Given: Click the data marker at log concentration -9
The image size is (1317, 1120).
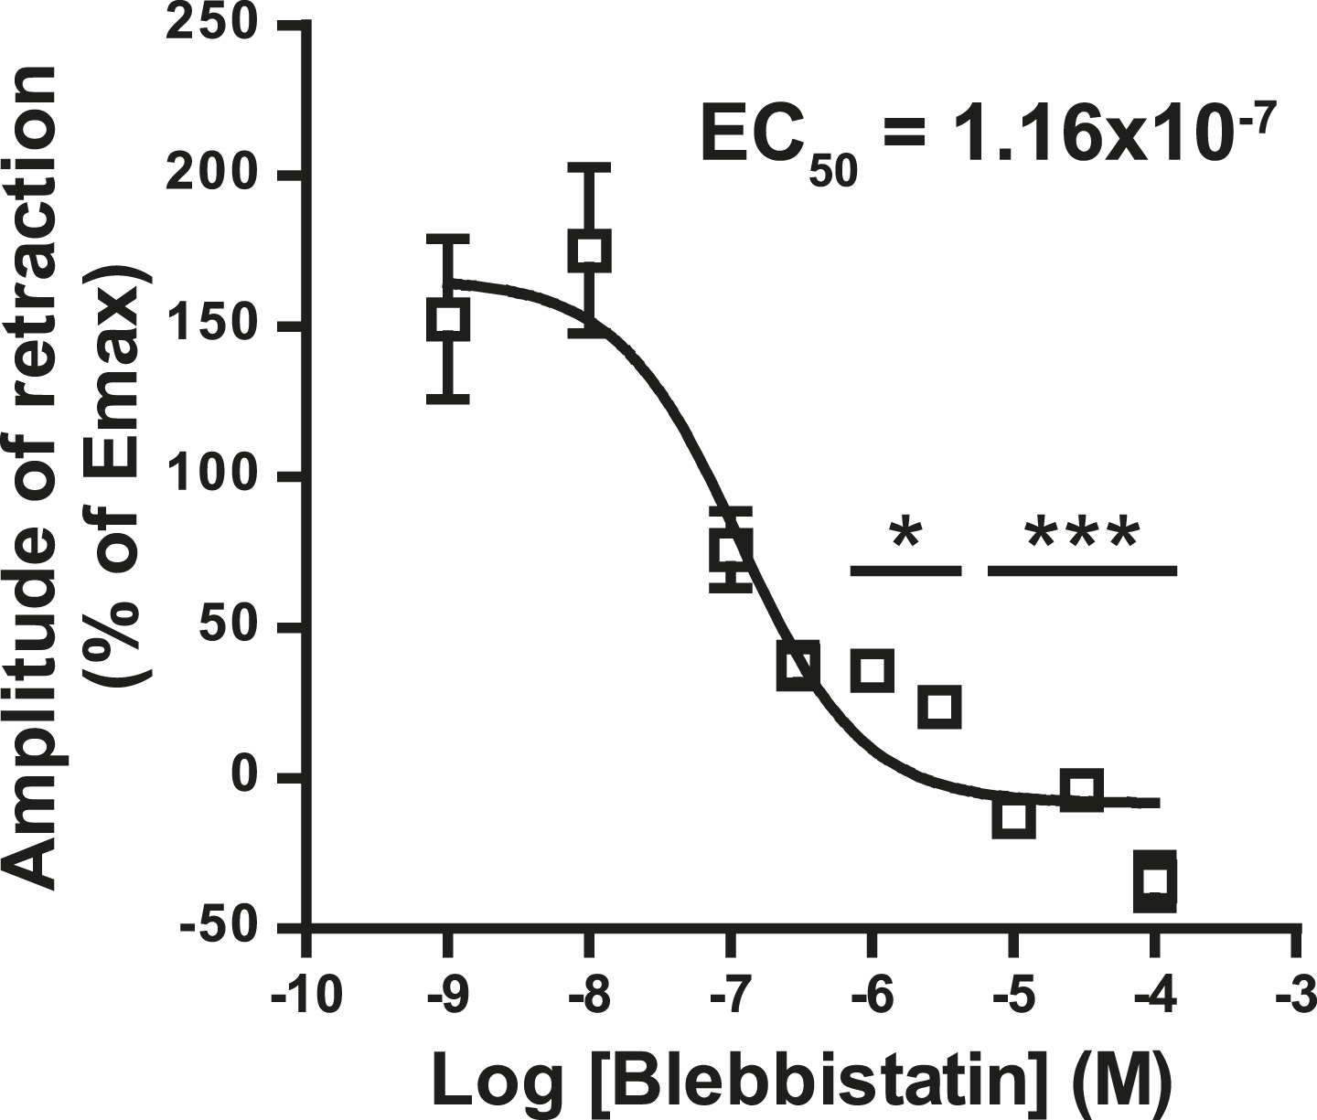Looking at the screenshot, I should point(448,320).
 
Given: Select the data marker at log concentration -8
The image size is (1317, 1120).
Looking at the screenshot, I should point(589,251).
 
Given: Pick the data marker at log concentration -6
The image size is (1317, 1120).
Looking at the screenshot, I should point(872,670).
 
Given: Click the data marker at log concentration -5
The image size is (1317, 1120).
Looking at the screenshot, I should point(1013,816).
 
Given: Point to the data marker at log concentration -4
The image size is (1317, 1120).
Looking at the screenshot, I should point(1154,880).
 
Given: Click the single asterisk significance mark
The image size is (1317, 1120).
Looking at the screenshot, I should point(905,535).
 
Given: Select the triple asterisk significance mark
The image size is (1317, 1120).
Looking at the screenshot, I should point(1082,535).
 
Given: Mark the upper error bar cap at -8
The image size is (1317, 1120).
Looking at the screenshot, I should point(589,168).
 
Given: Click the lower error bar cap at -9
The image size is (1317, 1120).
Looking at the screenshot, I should point(448,399).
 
